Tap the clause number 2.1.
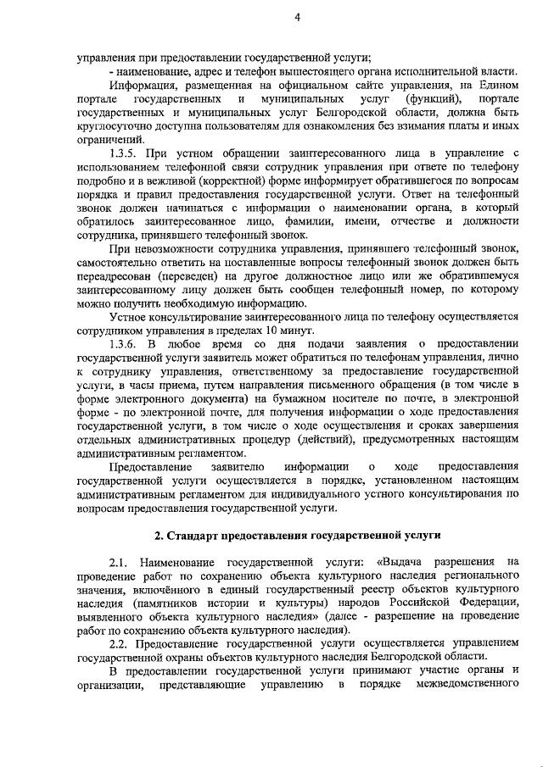[x=118, y=561]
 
